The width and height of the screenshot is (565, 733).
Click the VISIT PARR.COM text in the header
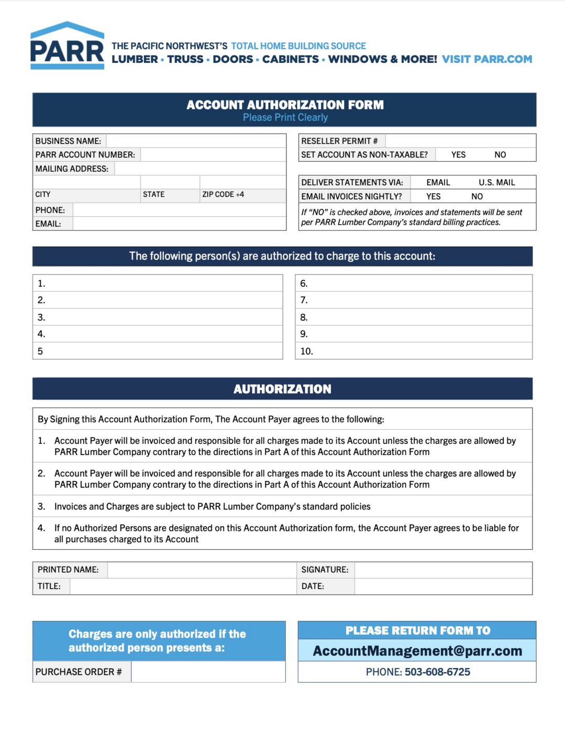click(x=486, y=59)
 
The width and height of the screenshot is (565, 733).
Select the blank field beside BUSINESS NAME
click(x=196, y=141)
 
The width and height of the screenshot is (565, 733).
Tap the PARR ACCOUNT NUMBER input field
click(x=213, y=154)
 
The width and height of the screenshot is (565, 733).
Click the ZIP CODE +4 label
click(x=223, y=194)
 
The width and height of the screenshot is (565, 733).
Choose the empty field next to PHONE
click(x=179, y=210)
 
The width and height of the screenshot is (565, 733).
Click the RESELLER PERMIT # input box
click(x=460, y=141)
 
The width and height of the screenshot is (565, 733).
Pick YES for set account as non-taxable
click(x=458, y=154)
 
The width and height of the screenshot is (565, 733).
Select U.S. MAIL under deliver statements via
click(x=496, y=182)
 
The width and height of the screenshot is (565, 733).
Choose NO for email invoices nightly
click(x=477, y=196)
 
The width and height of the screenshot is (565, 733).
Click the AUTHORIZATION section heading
click(x=282, y=389)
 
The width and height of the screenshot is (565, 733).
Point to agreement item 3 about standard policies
click(x=212, y=506)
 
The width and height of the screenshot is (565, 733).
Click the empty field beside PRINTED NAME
click(x=202, y=570)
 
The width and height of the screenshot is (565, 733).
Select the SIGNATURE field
click(x=443, y=570)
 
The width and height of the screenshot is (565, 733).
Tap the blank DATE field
click(x=443, y=586)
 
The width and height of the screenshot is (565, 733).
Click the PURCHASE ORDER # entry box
click(x=208, y=672)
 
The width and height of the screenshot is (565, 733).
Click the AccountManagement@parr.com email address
click(x=417, y=651)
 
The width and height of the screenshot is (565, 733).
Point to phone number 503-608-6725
click(x=437, y=672)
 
